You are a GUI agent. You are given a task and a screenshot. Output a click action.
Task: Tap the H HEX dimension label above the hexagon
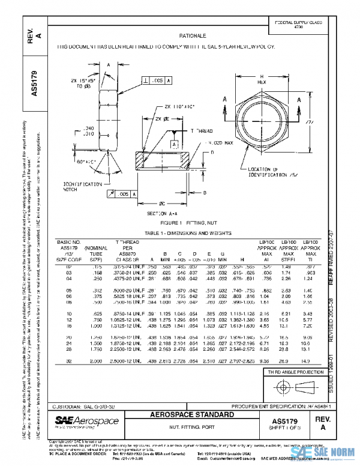[x=261, y=79]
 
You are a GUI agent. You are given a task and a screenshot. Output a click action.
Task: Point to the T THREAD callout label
[x=202, y=130]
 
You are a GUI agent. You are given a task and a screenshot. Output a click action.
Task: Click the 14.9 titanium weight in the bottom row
[x=306, y=361]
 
